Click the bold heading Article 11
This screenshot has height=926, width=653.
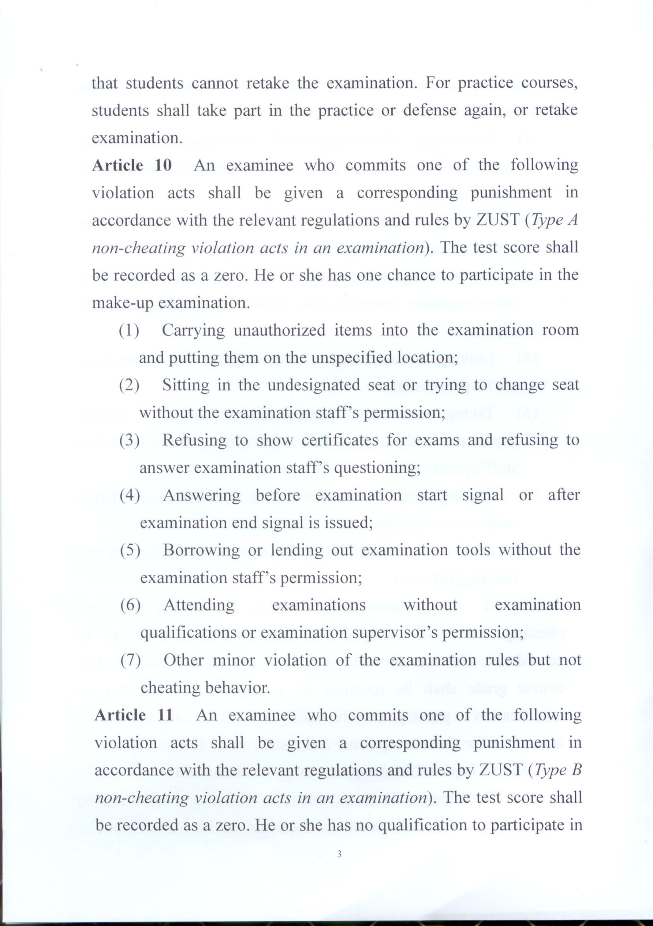pos(134,715)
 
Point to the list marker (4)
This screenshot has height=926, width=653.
pos(129,495)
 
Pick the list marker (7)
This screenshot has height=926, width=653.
pos(130,660)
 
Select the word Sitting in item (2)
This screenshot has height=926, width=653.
pos(185,385)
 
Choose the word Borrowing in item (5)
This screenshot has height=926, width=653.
pos(201,550)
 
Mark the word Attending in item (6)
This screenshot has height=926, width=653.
pos(199,605)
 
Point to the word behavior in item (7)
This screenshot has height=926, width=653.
pos(237,688)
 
